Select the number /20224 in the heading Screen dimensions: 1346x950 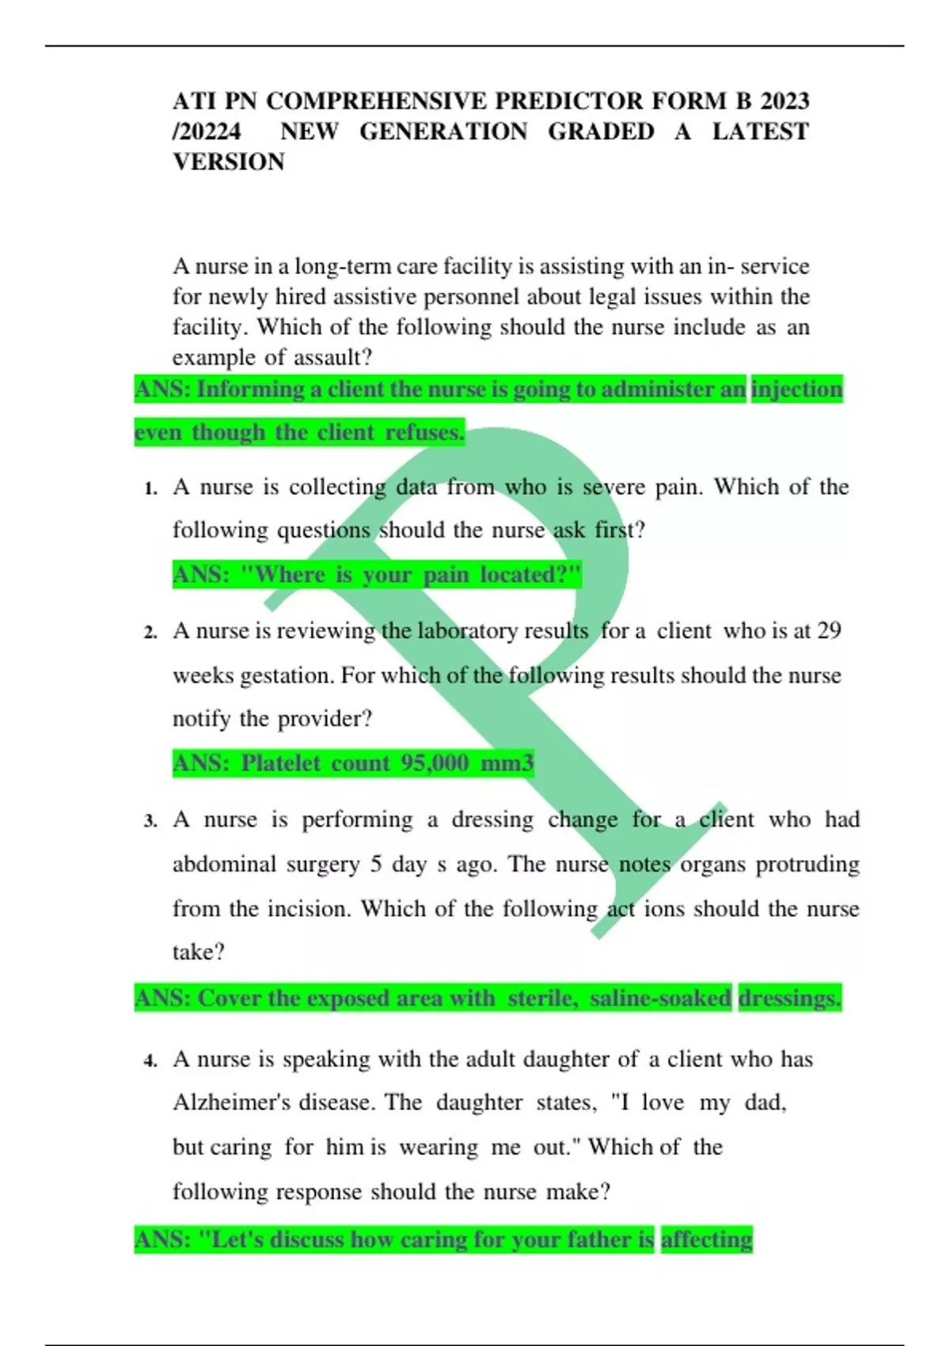pos(207,131)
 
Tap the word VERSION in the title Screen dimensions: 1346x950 pos(229,162)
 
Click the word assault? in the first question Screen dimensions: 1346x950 pos(332,358)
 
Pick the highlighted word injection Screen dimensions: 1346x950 pos(796,390)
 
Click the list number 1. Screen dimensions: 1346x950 pos(150,489)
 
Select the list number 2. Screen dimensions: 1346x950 pos(150,633)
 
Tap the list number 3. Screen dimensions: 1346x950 pos(150,821)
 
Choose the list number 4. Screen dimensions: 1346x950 pos(150,1061)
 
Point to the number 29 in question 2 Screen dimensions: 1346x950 pos(829,631)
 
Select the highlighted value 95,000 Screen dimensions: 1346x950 pos(435,763)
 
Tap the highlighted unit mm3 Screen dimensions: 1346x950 pos(507,763)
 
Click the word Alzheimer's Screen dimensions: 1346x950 pos(232,1103)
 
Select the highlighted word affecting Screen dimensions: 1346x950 pos(706,1239)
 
